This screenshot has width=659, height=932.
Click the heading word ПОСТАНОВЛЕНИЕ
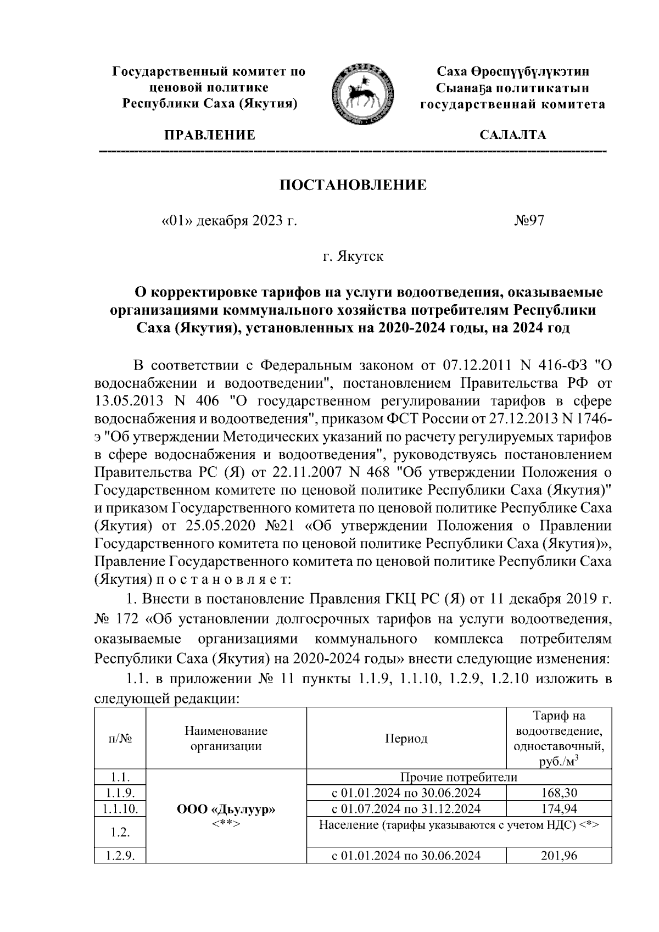353,185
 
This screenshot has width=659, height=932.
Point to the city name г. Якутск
353,256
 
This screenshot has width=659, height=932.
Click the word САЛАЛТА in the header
513,135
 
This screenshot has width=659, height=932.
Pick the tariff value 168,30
559,793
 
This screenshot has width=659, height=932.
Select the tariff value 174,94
559,808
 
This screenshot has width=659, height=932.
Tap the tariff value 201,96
559,855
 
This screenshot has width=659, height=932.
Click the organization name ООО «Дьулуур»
226,810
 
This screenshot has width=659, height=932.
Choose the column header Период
406,739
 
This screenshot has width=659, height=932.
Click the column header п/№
120,739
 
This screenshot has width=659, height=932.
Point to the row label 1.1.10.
120,808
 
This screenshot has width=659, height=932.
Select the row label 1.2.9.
120,855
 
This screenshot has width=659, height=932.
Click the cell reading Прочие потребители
459,777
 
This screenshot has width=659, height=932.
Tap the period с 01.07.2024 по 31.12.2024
406,808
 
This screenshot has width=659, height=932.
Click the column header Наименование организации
226,739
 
